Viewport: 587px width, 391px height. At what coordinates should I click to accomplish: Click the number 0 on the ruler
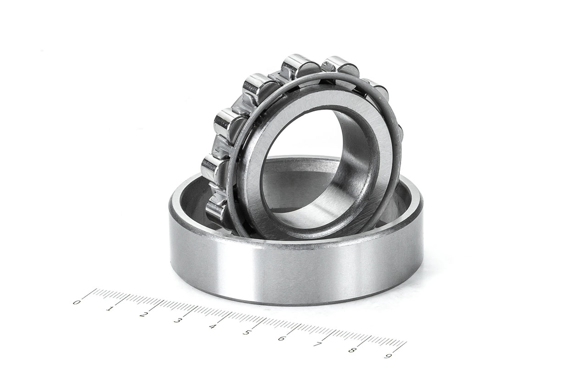pos(77,302)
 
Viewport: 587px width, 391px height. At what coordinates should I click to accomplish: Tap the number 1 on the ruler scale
pos(110,308)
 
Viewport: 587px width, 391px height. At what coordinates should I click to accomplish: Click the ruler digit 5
pos(247,332)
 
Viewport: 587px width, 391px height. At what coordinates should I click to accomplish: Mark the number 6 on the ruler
pos(281,338)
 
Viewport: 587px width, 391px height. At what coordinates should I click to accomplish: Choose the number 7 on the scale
pos(316,344)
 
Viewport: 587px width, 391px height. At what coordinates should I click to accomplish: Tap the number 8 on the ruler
pos(351,350)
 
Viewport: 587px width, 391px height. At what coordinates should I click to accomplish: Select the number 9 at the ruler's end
pos(388,356)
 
